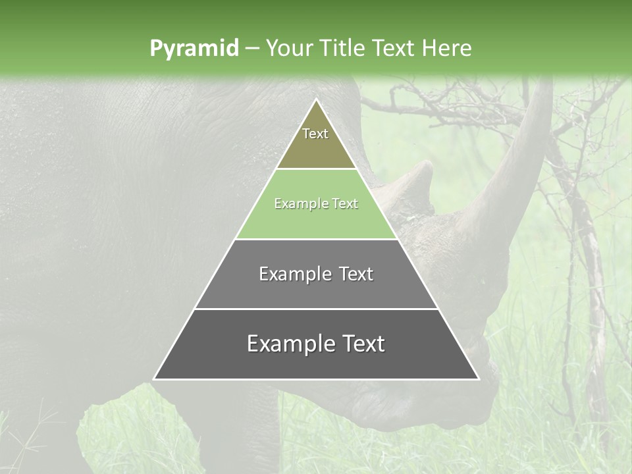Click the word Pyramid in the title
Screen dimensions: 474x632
tap(194, 49)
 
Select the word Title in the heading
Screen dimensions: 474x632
tap(344, 48)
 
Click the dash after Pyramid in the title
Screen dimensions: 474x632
tap(251, 49)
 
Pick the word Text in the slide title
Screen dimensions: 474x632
tap(394, 48)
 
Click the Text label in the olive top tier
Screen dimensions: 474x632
tap(315, 134)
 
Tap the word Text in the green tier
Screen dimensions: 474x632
tap(345, 204)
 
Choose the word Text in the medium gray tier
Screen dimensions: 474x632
tap(356, 274)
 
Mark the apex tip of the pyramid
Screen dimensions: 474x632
tap(316, 100)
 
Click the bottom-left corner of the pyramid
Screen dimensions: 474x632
tap(155, 379)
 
